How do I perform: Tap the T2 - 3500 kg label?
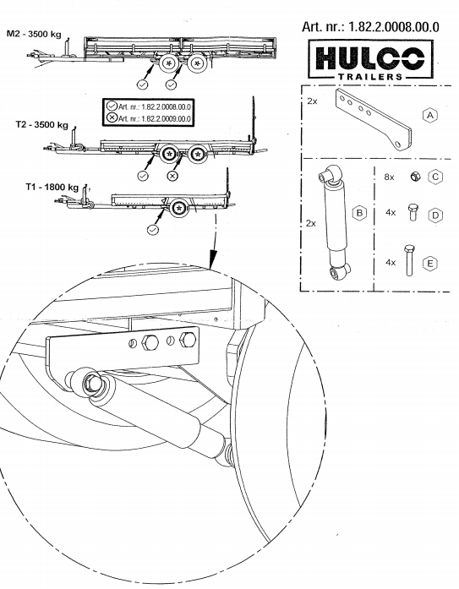tap(41, 123)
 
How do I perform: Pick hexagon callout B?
tap(359, 213)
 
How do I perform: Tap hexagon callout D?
tap(436, 215)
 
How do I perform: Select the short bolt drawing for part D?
tap(413, 214)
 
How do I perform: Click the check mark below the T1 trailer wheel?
tap(152, 227)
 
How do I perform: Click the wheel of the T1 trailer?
tap(178, 208)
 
